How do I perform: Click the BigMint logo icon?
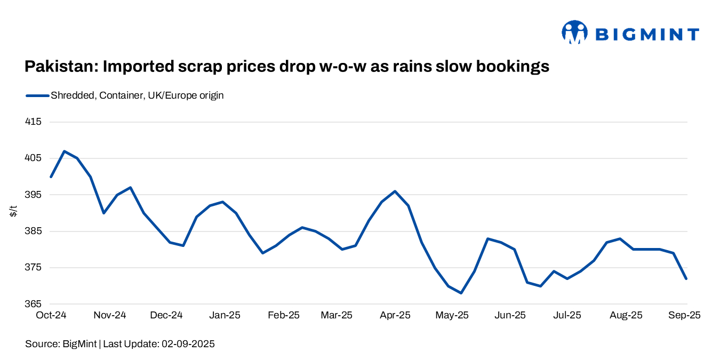(x=574, y=33)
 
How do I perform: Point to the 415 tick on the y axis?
(x=34, y=122)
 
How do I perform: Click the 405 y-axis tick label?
(x=34, y=158)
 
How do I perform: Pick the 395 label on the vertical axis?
(x=34, y=195)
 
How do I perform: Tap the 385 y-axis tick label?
(x=34, y=231)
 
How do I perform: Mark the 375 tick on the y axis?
(x=34, y=268)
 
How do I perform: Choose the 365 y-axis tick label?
(x=34, y=305)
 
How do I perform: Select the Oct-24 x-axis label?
(x=51, y=315)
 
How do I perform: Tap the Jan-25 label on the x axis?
(x=225, y=315)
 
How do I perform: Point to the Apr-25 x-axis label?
(x=395, y=315)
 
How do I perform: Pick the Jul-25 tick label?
(x=567, y=315)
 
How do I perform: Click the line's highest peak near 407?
(x=64, y=151)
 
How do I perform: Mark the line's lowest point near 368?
(x=461, y=293)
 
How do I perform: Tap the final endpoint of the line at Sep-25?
(x=686, y=278)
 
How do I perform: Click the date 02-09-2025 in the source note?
(x=187, y=344)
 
